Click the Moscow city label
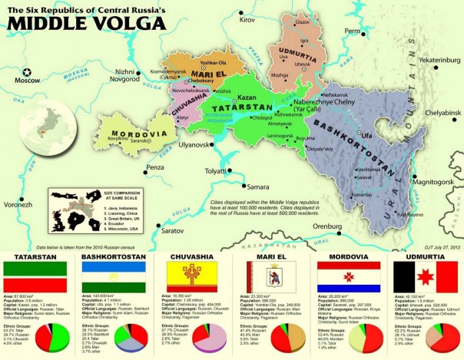(x=28, y=79)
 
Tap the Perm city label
(x=352, y=31)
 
